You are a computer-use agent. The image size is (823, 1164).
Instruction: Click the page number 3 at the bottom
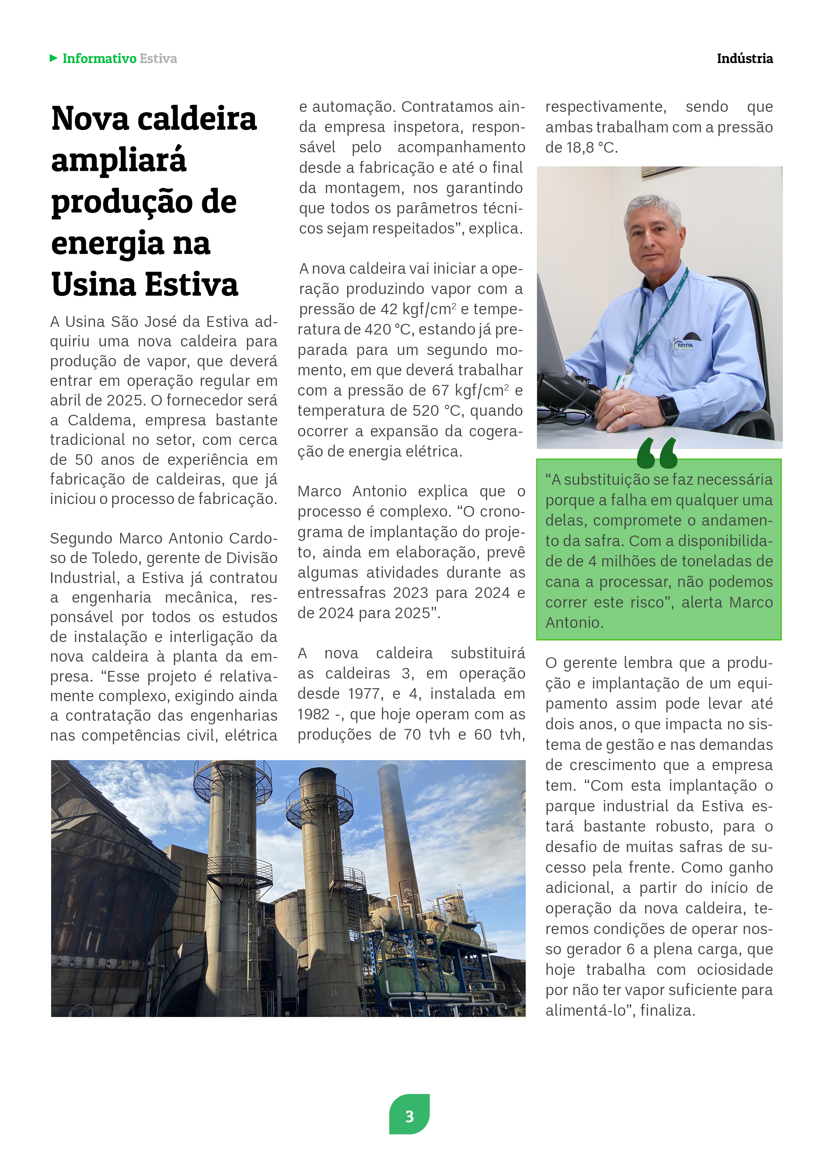[x=409, y=1116]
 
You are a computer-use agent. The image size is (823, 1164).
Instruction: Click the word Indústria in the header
[x=744, y=59]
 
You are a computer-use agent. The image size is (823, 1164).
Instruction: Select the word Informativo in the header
[x=99, y=59]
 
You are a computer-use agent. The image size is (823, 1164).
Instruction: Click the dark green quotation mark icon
[x=657, y=453]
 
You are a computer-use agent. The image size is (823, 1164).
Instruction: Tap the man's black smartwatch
[x=669, y=408]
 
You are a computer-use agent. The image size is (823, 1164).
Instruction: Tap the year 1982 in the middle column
[x=313, y=714]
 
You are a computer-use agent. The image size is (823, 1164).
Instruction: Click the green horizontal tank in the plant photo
[x=419, y=979]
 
